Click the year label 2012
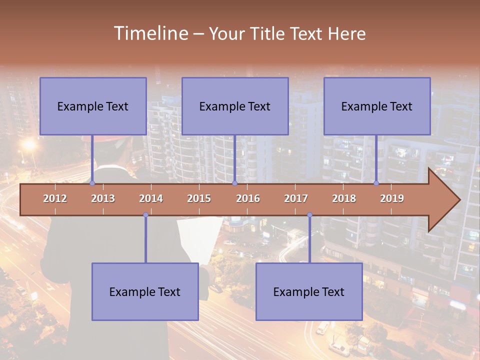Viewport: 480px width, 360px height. pos(55,198)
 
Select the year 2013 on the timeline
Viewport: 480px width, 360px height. pos(103,198)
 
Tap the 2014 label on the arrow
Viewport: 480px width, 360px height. pos(151,198)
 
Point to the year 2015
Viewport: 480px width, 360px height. pos(199,198)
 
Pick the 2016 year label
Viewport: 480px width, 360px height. pos(248,198)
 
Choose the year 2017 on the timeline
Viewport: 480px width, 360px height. pos(296,198)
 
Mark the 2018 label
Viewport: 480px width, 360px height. pos(344,198)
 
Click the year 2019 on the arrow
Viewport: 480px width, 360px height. pos(392,198)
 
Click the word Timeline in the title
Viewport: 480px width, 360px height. pos(150,33)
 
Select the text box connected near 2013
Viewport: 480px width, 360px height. pos(93,106)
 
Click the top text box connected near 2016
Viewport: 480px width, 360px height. pos(235,106)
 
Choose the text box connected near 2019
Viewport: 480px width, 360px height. pos(377,106)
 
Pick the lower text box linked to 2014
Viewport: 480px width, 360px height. pos(145,291)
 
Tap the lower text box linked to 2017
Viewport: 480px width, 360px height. pos(309,291)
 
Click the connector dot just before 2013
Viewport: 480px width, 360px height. pos(92,183)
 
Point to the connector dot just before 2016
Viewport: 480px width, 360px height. pos(234,183)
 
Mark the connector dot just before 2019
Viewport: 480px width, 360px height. pos(376,183)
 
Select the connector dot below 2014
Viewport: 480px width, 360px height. pos(145,215)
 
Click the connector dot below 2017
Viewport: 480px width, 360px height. pos(309,215)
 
